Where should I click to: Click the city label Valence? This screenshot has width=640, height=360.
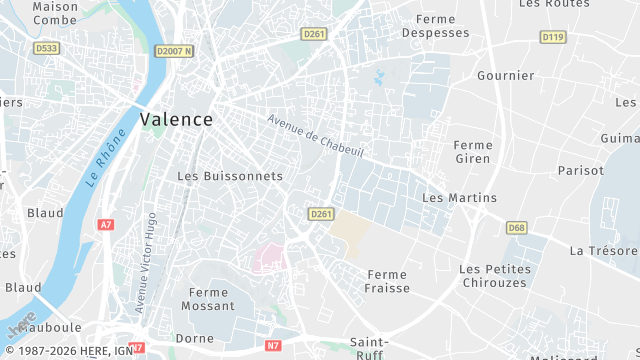176,119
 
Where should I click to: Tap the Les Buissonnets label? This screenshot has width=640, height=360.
230,176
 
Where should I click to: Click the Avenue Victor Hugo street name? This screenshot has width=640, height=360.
150,261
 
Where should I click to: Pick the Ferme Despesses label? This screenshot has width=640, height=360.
435,26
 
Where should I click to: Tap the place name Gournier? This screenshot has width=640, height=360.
505,76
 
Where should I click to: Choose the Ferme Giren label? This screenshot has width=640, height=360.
472,152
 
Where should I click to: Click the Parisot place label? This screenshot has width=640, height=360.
580,171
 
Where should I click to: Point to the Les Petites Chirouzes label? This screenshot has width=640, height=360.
495,276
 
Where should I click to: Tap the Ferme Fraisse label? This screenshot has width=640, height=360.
388,281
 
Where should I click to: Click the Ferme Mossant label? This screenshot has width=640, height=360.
208,299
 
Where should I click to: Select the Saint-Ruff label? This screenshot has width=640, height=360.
369,349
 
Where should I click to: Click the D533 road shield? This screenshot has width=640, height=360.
46,47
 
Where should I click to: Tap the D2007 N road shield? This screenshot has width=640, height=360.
174,50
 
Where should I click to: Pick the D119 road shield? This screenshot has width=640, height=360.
552,37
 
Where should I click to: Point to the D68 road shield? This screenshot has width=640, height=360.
516,228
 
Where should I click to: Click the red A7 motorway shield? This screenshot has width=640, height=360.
106,225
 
